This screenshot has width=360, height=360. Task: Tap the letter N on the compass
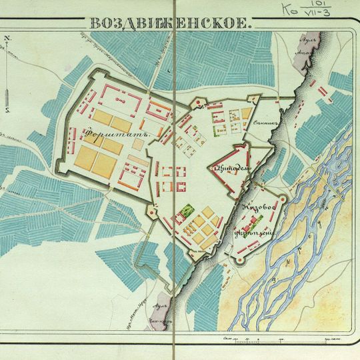tap(6, 39)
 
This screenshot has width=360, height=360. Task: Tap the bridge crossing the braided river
tap(333, 193)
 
